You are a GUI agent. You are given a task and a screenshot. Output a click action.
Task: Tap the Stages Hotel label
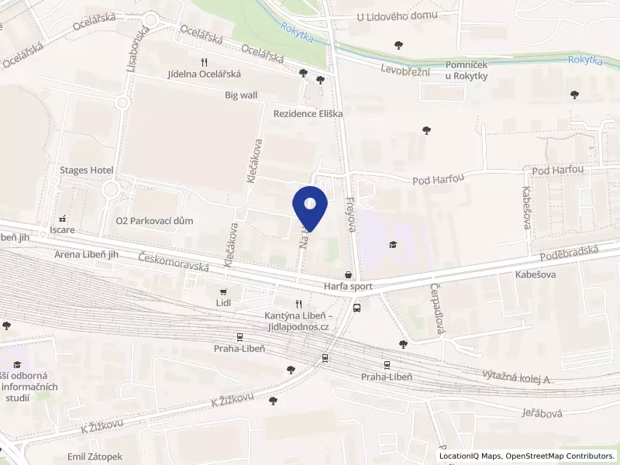(87, 170)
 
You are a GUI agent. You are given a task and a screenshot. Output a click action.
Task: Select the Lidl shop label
(224, 303)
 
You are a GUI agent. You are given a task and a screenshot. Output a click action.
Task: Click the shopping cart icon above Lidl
(224, 291)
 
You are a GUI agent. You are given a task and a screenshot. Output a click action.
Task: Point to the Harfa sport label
(348, 286)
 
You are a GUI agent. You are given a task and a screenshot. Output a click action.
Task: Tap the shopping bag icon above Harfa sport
(348, 274)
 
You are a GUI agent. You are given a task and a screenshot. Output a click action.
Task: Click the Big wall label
(241, 95)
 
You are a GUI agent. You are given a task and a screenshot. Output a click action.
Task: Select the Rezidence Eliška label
(308, 113)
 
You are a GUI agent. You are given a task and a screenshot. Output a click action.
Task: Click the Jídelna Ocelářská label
(205, 74)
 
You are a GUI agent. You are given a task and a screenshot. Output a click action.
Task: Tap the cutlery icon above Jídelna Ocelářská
(204, 61)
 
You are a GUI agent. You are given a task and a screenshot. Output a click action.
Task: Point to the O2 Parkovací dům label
(154, 221)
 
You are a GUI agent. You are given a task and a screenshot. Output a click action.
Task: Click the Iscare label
(62, 230)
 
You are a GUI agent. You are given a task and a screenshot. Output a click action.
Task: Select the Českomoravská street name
(174, 262)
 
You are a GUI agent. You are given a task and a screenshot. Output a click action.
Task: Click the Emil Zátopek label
(95, 457)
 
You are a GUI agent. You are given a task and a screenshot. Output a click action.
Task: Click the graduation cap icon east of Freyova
(394, 246)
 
